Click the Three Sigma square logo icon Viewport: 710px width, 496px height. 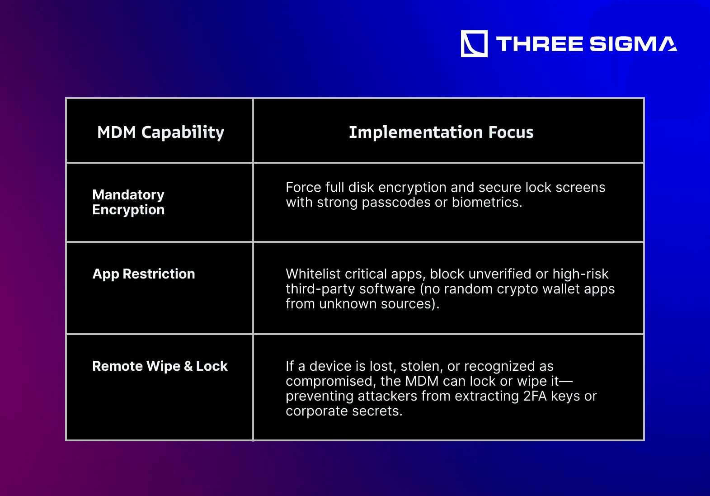pos(474,43)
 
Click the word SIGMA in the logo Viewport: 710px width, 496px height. pos(633,44)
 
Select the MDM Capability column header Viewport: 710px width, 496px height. pos(161,132)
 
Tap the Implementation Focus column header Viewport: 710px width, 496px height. pos(441,132)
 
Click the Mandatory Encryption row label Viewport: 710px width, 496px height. pos(128,202)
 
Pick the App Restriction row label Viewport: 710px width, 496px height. pos(144,274)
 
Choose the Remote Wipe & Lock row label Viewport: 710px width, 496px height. pos(160,366)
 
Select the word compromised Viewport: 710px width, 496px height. pos(331,382)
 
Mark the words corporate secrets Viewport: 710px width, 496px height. pos(344,411)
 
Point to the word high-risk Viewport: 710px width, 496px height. pos(580,274)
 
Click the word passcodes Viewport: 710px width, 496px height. pos(396,203)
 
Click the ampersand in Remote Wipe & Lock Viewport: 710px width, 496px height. pos(188,366)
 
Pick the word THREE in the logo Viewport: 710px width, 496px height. pos(539,44)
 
